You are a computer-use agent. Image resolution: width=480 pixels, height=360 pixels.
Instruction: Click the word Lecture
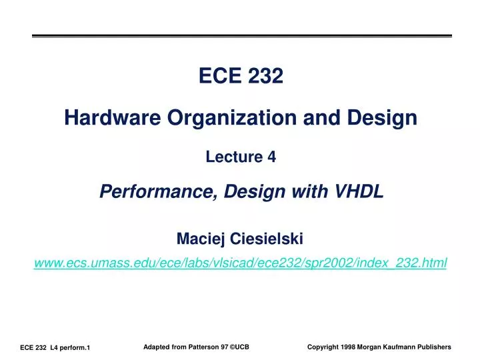pos(234,157)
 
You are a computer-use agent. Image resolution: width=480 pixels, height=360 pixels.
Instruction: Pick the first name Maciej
pos(201,238)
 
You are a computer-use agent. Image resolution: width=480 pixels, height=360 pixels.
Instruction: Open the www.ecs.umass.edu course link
pos(240,264)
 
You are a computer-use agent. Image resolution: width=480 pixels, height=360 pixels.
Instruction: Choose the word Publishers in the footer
pos(433,347)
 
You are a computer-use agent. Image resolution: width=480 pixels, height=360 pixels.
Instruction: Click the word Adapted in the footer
pos(157,347)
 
